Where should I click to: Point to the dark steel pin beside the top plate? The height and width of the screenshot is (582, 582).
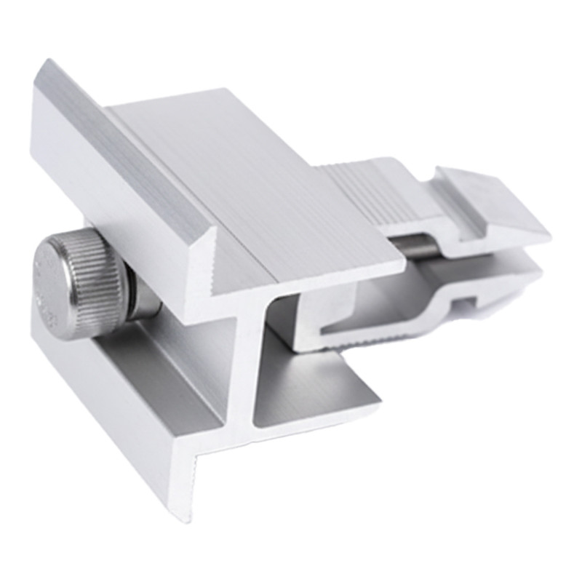[415, 246]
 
